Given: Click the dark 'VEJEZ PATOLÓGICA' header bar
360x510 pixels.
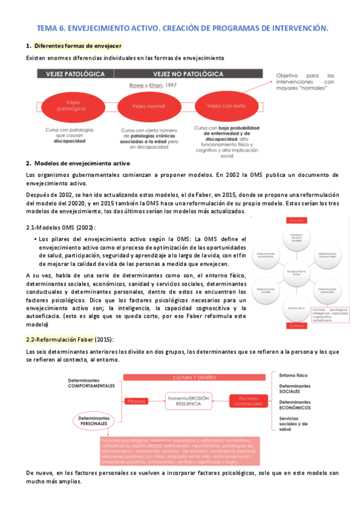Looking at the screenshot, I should tap(76, 74).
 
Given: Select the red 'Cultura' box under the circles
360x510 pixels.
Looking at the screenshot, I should tap(297, 325).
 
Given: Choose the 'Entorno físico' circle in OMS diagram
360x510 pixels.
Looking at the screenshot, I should tap(296, 308).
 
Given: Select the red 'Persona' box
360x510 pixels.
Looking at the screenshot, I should tap(137, 400).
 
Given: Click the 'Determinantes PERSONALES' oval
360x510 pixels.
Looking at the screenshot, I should tap(91, 420).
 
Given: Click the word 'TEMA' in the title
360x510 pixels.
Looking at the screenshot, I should tap(47, 28).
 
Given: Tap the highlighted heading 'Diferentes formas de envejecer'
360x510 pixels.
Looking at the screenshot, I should tap(78, 46).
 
